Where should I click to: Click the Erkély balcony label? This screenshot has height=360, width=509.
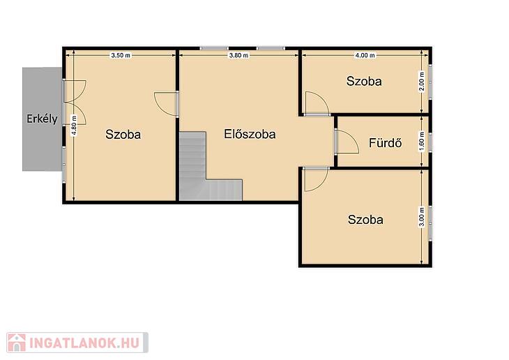tap(42, 119)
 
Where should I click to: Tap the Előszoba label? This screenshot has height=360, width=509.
tap(250, 134)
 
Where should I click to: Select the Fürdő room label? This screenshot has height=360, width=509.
tap(385, 143)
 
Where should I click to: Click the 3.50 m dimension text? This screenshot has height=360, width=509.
tap(121, 55)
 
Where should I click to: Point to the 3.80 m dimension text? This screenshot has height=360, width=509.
tap(238, 55)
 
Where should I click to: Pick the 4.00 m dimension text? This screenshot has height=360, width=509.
tap(365, 55)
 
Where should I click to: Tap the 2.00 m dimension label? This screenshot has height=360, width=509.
tap(422, 82)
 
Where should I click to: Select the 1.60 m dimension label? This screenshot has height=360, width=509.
tap(422, 142)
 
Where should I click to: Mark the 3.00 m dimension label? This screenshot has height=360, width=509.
tap(422, 217)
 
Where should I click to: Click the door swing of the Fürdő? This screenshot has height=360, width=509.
tap(347, 142)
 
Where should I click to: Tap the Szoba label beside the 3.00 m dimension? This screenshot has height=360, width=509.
tap(365, 220)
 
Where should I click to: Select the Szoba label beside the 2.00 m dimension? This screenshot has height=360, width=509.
tap(364, 81)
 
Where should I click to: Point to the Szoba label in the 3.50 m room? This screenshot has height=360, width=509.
tap(123, 135)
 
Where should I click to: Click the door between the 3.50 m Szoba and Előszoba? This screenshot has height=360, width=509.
tap(166, 104)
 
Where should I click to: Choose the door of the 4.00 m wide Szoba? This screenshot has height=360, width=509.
tap(317, 103)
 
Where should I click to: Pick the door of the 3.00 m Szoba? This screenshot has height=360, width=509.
tap(317, 179)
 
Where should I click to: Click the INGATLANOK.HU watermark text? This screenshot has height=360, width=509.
tap(84, 343)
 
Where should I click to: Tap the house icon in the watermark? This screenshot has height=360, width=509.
tap(17, 343)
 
